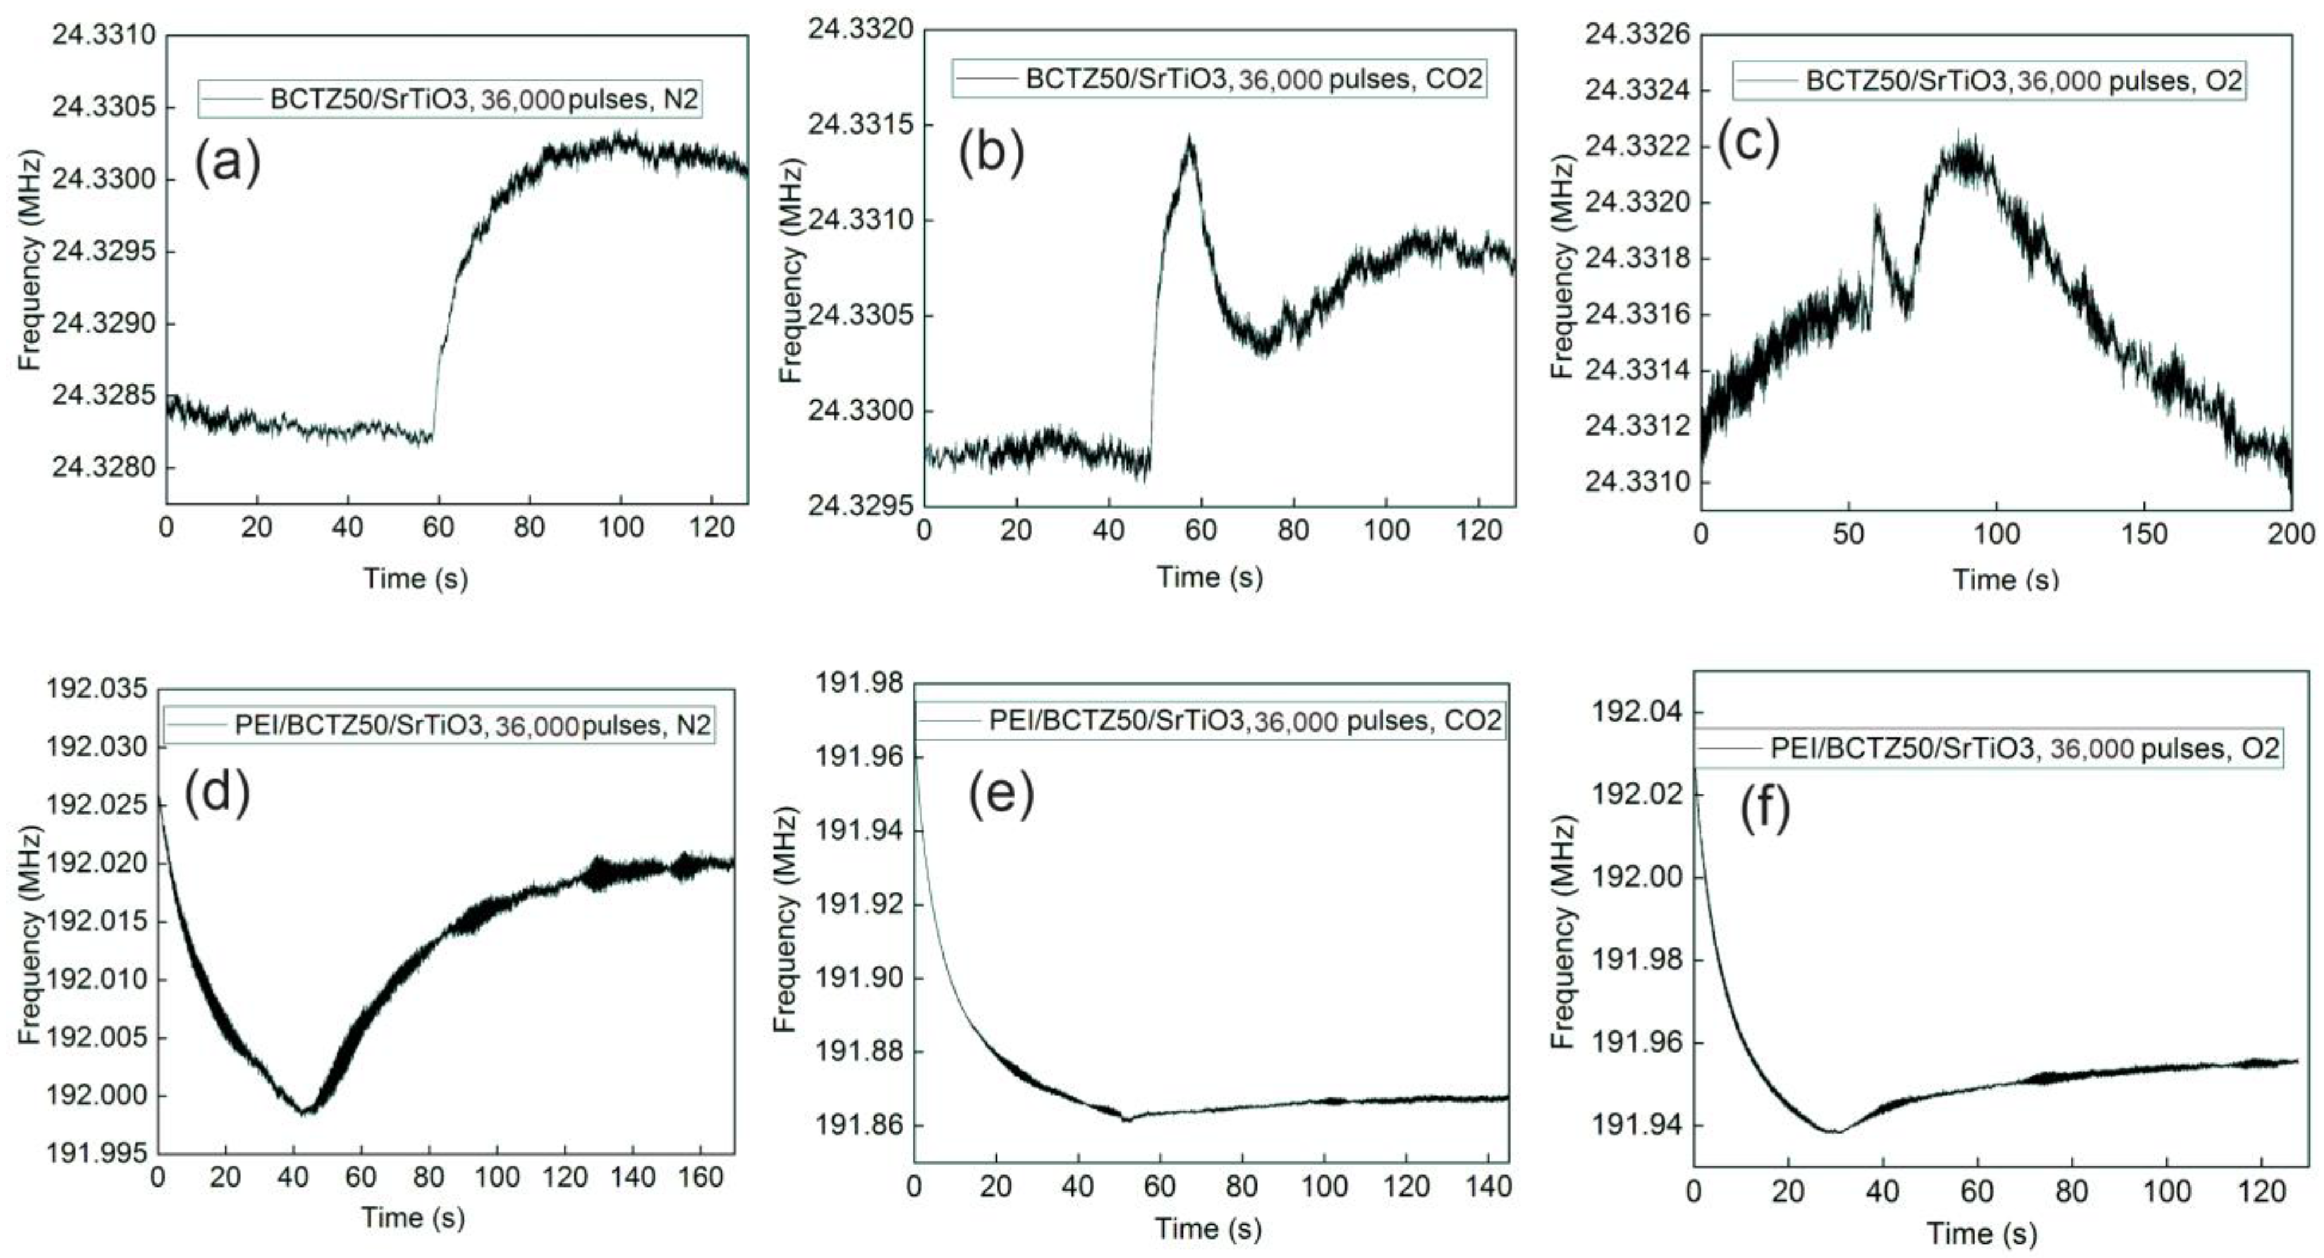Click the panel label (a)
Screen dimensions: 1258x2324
coord(228,164)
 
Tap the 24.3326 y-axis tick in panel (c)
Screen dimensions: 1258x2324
coord(1637,34)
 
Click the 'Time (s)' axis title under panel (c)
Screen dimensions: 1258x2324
coord(2005,579)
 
